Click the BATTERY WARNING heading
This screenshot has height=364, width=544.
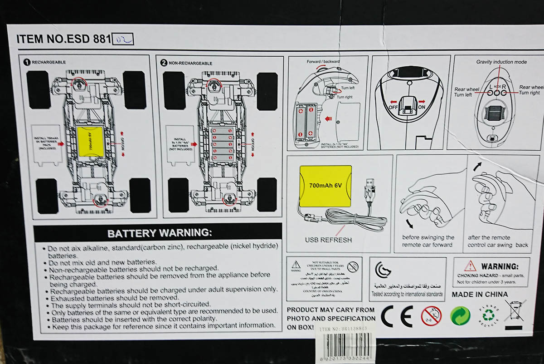(x=159, y=233)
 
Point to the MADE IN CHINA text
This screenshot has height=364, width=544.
(x=480, y=294)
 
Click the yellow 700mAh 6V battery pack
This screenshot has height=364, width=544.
(x=325, y=186)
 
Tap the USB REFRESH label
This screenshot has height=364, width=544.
(x=328, y=240)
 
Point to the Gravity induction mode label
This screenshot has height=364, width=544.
(x=501, y=62)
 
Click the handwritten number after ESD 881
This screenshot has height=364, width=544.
(x=122, y=39)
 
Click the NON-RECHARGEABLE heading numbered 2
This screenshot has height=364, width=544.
(x=187, y=63)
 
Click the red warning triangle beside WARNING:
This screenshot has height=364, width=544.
(x=470, y=266)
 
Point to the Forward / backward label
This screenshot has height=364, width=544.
(x=323, y=61)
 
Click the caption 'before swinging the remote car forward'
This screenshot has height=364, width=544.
(x=428, y=241)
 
